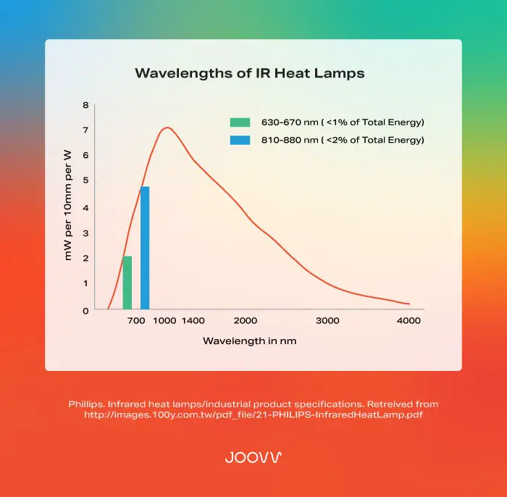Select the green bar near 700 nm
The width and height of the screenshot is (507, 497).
click(127, 283)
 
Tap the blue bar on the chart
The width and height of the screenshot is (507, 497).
click(145, 248)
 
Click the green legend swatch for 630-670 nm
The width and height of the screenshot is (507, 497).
click(240, 122)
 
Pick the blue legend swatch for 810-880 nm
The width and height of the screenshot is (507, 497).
click(240, 140)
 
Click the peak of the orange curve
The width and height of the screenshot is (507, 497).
click(167, 128)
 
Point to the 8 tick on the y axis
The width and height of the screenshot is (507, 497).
click(85, 105)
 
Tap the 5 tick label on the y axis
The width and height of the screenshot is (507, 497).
click(85, 180)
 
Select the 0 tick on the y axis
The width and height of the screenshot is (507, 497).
click(85, 311)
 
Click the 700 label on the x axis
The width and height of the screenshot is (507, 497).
click(136, 321)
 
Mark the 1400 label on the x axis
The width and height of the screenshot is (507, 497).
click(193, 321)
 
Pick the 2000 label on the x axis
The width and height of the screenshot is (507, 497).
click(246, 321)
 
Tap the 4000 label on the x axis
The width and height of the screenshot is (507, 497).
click(409, 321)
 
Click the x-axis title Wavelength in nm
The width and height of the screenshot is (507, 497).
click(249, 341)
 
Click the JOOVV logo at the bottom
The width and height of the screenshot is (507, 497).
click(253, 457)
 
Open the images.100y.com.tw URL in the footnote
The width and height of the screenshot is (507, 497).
click(253, 415)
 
